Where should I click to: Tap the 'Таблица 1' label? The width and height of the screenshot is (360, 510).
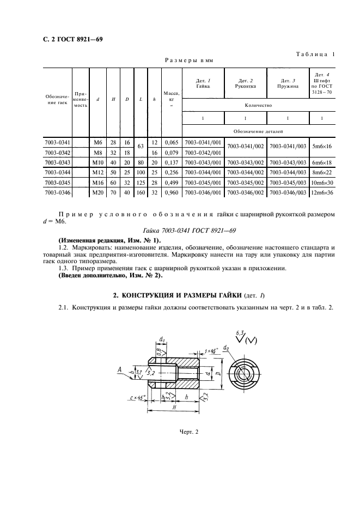pyautogui.click(x=315, y=54)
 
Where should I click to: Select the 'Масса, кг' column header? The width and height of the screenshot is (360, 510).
pyautogui.click(x=172, y=99)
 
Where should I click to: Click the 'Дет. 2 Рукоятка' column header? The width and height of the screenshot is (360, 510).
pyautogui.click(x=245, y=83)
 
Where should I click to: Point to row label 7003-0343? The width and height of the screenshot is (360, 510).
pyautogui.click(x=58, y=162)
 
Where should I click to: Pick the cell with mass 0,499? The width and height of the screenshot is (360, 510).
pyautogui.click(x=172, y=183)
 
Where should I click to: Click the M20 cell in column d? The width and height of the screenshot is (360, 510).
pyautogui.click(x=98, y=192)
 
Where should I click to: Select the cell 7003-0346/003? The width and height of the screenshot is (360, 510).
pyautogui.click(x=288, y=192)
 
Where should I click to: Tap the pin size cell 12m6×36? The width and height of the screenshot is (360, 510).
pyautogui.click(x=322, y=192)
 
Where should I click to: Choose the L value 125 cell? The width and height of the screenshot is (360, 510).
pyautogui.click(x=141, y=183)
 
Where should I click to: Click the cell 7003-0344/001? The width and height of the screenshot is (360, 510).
pyautogui.click(x=203, y=172)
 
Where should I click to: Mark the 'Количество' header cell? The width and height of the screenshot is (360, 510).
pyautogui.click(x=258, y=105)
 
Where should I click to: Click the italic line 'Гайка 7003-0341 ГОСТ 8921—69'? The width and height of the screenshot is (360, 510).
pyautogui.click(x=189, y=230)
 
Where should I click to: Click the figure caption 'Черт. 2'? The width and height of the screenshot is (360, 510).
pyautogui.click(x=189, y=432)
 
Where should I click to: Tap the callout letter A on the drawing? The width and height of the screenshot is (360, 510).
pyautogui.click(x=119, y=369)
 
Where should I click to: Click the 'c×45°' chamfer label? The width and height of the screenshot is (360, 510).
pyautogui.click(x=137, y=397)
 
